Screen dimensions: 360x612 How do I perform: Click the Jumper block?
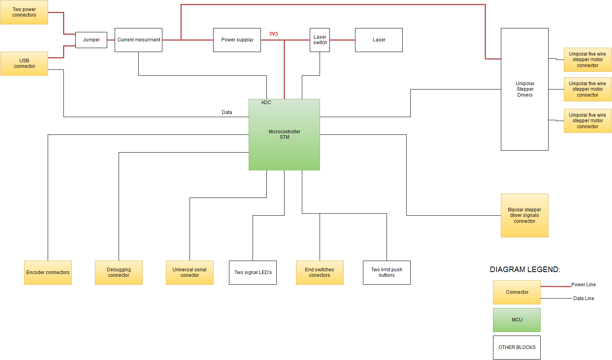91,40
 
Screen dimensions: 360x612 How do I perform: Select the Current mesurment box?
138,40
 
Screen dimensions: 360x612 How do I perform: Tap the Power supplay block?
237,40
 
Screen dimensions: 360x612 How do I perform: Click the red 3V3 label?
273,34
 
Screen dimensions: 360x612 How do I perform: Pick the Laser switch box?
320,40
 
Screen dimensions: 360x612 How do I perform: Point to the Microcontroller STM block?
284,134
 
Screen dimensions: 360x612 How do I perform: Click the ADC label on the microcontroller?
266,103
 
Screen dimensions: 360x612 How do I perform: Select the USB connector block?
24,63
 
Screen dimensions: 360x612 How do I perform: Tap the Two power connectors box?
24,12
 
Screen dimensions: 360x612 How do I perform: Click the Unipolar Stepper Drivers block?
525,89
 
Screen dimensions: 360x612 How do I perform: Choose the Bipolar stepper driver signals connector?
525,215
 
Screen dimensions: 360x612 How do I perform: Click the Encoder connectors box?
48,272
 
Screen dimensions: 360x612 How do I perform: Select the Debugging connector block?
119,272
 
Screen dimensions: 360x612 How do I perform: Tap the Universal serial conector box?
190,272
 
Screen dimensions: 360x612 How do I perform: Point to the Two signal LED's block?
253,272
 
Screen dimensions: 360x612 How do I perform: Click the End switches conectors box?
320,272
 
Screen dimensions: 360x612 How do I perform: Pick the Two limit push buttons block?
387,272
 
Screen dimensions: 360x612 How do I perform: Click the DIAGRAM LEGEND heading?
525,269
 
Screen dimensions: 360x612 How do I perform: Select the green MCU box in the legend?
517,320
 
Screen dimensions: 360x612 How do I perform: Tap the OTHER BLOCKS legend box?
517,347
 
